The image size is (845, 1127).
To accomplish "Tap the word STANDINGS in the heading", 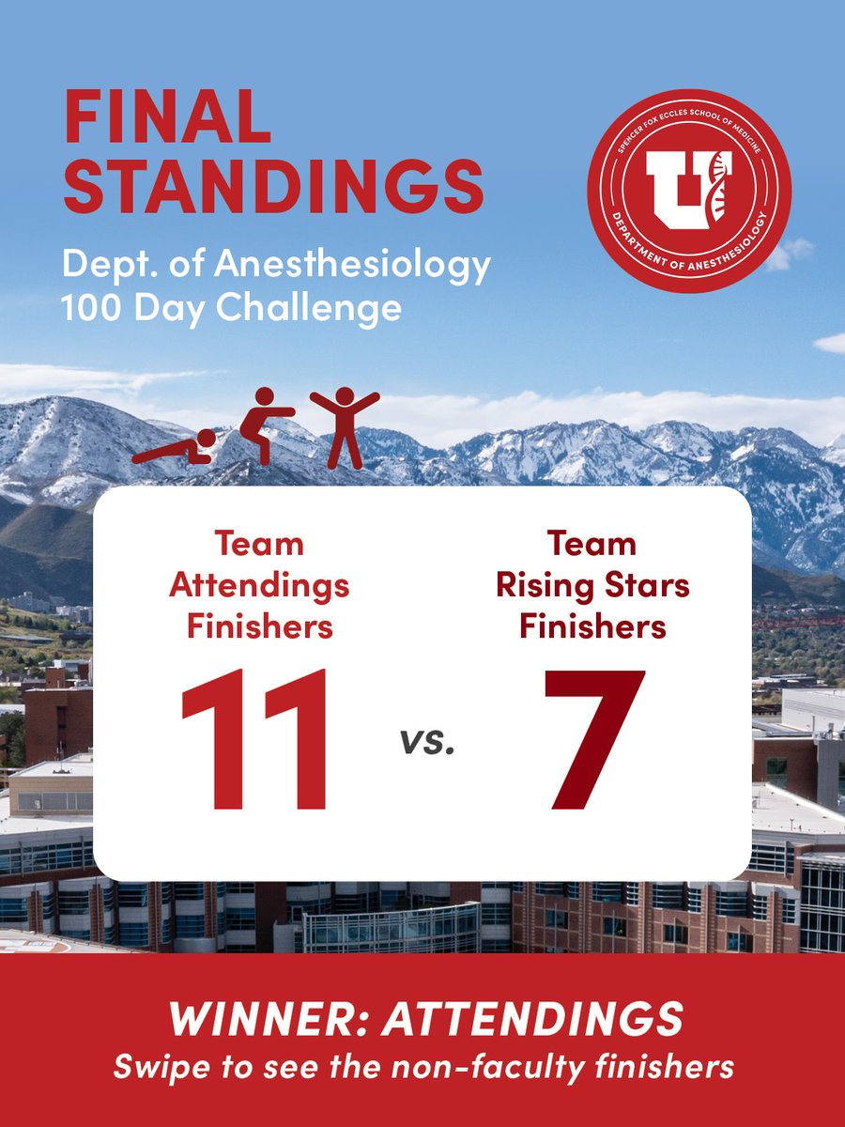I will pos(273,187).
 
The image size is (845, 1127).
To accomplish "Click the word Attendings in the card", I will pos(259,586).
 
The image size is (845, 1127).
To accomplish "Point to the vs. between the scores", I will pos(428,742).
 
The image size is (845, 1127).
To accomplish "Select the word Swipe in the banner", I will pos(156,1067).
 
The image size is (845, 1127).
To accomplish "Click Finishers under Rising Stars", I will pos(593,626).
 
